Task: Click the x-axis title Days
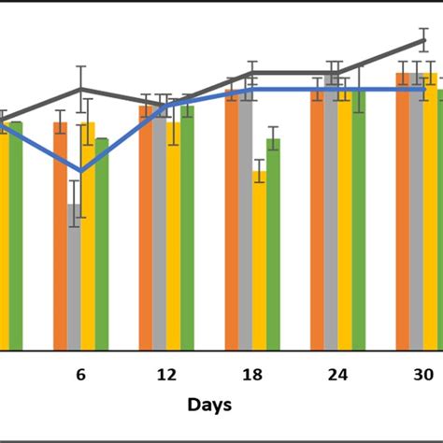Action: (x=209, y=405)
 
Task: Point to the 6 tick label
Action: (x=80, y=375)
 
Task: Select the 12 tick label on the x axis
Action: (x=166, y=375)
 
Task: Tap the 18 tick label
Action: (x=251, y=375)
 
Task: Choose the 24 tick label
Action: (x=337, y=375)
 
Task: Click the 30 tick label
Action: (x=423, y=375)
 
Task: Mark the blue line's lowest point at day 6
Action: (x=81, y=172)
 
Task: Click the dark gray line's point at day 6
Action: (x=81, y=90)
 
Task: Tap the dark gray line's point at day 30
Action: (x=423, y=40)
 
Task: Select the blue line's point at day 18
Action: (x=252, y=90)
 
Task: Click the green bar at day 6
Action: (x=102, y=243)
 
